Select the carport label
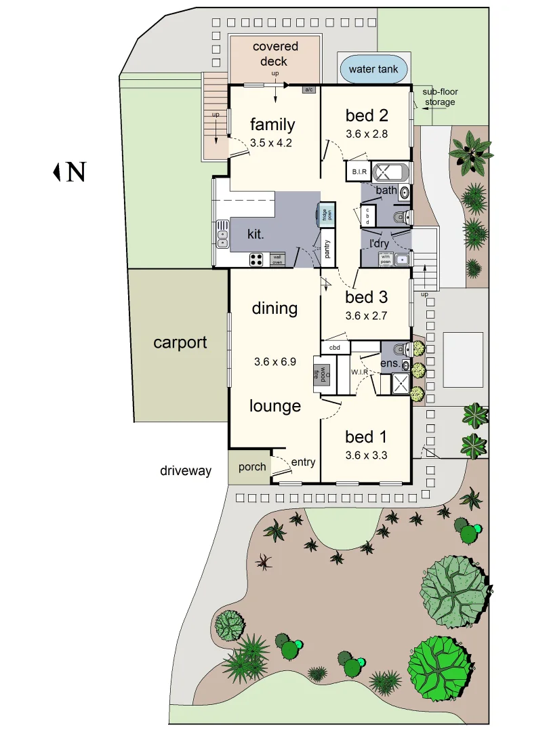(x=180, y=342)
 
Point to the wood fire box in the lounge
(x=316, y=375)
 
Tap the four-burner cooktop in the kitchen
(x=257, y=258)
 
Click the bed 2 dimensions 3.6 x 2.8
(x=366, y=134)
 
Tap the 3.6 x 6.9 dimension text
(x=275, y=362)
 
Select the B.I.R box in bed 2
(x=358, y=172)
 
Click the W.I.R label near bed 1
(x=359, y=372)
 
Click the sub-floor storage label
(x=441, y=98)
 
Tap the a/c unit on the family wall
(x=309, y=89)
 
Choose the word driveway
(x=186, y=470)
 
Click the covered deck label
(x=275, y=54)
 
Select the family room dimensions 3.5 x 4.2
(x=272, y=143)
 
